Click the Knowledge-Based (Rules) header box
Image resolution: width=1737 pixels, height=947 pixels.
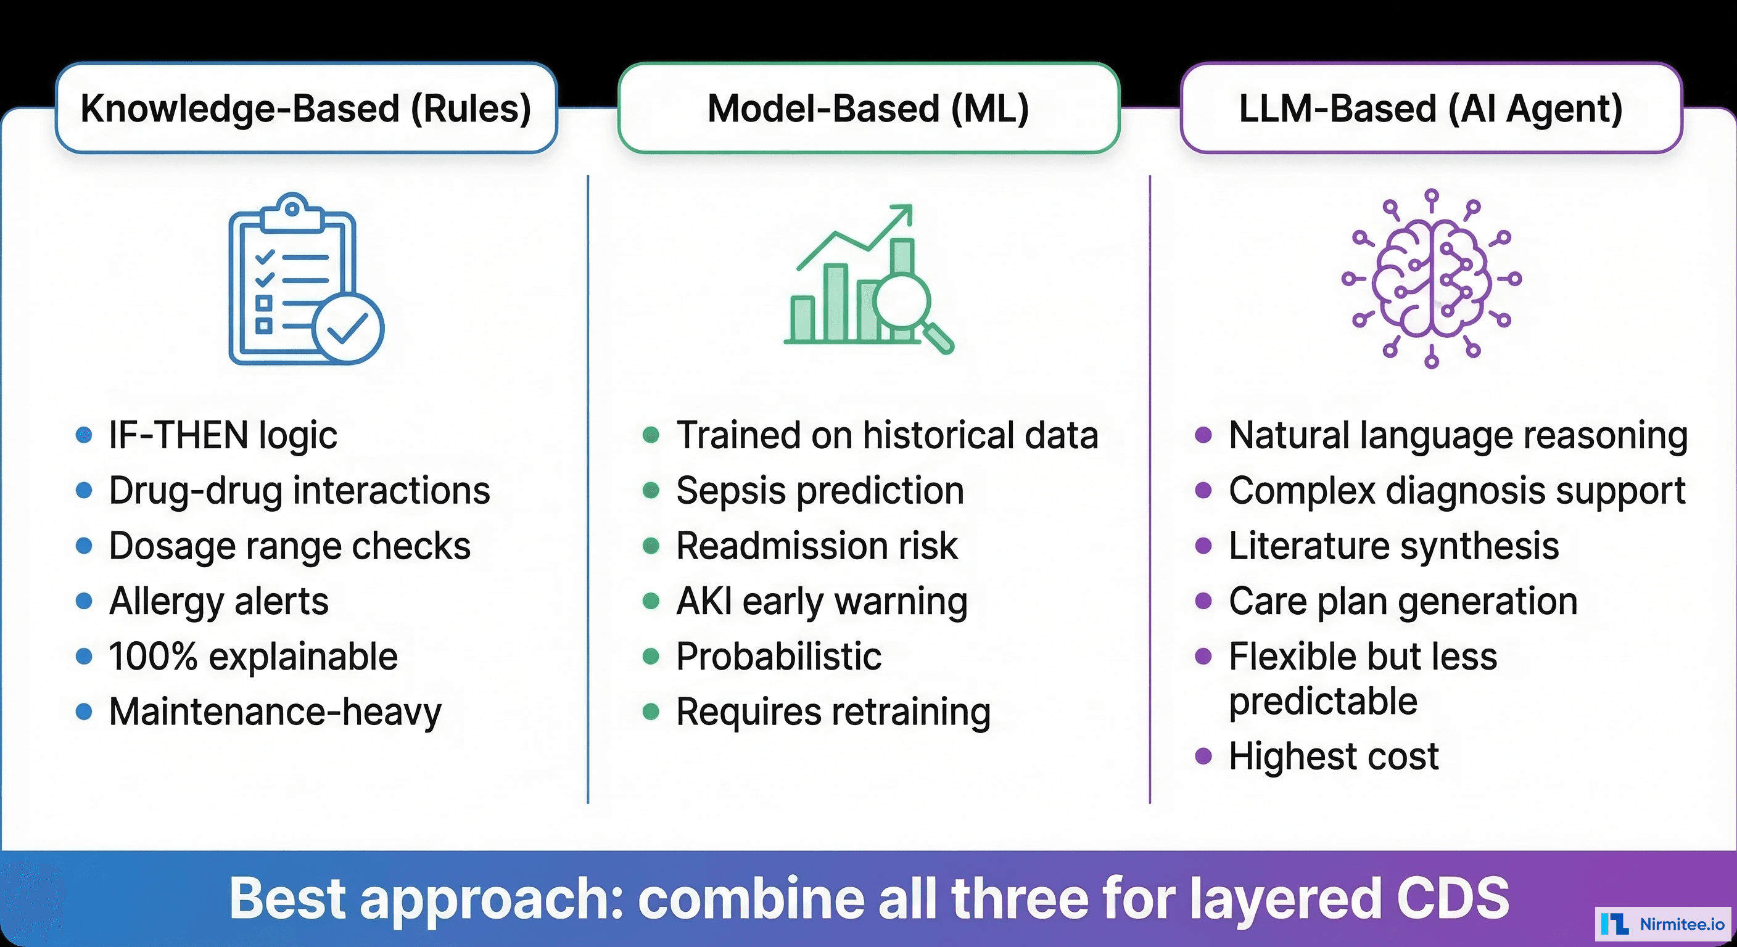[x=306, y=109]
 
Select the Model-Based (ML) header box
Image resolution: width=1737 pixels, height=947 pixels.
[x=868, y=109]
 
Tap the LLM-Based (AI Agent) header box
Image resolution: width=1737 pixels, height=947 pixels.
[x=1431, y=109]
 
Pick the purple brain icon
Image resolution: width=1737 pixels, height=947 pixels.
[x=1431, y=279]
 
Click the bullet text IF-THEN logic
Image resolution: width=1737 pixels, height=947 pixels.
[x=223, y=435]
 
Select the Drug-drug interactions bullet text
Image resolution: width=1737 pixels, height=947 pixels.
[x=299, y=491]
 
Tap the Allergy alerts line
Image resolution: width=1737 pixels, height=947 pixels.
[x=218, y=601]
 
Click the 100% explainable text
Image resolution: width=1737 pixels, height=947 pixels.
[x=253, y=657]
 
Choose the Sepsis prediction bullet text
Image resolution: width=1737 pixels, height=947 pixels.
[x=820, y=491]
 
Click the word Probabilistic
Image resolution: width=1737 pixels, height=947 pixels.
[x=778, y=657]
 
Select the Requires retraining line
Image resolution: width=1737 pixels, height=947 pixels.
[x=833, y=711]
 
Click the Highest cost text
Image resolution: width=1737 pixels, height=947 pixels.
[x=1333, y=756]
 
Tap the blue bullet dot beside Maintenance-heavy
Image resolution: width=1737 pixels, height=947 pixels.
[x=84, y=711]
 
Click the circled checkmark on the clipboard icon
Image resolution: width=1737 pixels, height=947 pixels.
[x=347, y=328]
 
